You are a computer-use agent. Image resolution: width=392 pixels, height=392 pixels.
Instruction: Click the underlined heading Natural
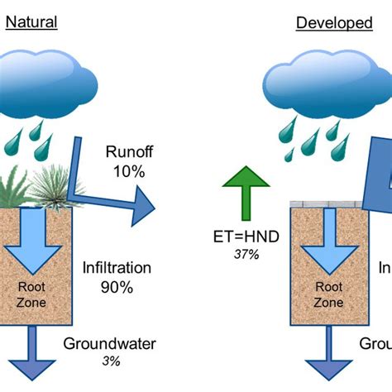click(x=31, y=22)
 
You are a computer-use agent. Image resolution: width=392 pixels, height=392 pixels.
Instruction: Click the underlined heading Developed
click(x=334, y=22)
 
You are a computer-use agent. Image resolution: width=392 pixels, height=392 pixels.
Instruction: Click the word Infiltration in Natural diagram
click(x=117, y=267)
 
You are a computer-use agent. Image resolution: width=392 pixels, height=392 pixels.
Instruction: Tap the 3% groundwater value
click(x=111, y=361)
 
